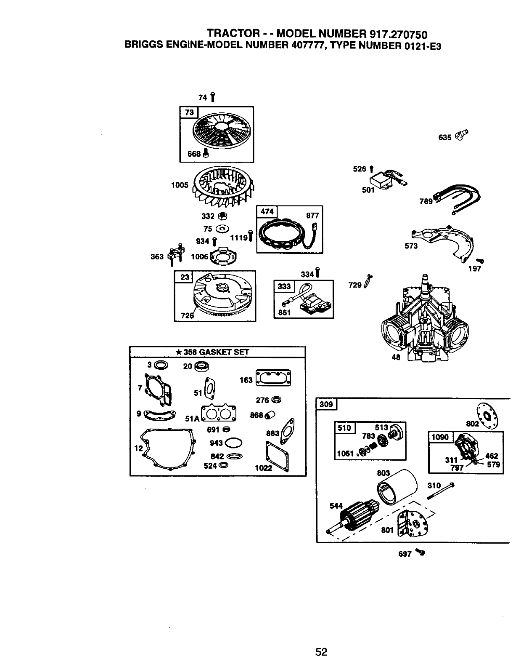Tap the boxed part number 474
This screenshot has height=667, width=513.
(x=267, y=211)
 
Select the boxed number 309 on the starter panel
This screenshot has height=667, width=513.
(x=326, y=404)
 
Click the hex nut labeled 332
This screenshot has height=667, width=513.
(x=224, y=216)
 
